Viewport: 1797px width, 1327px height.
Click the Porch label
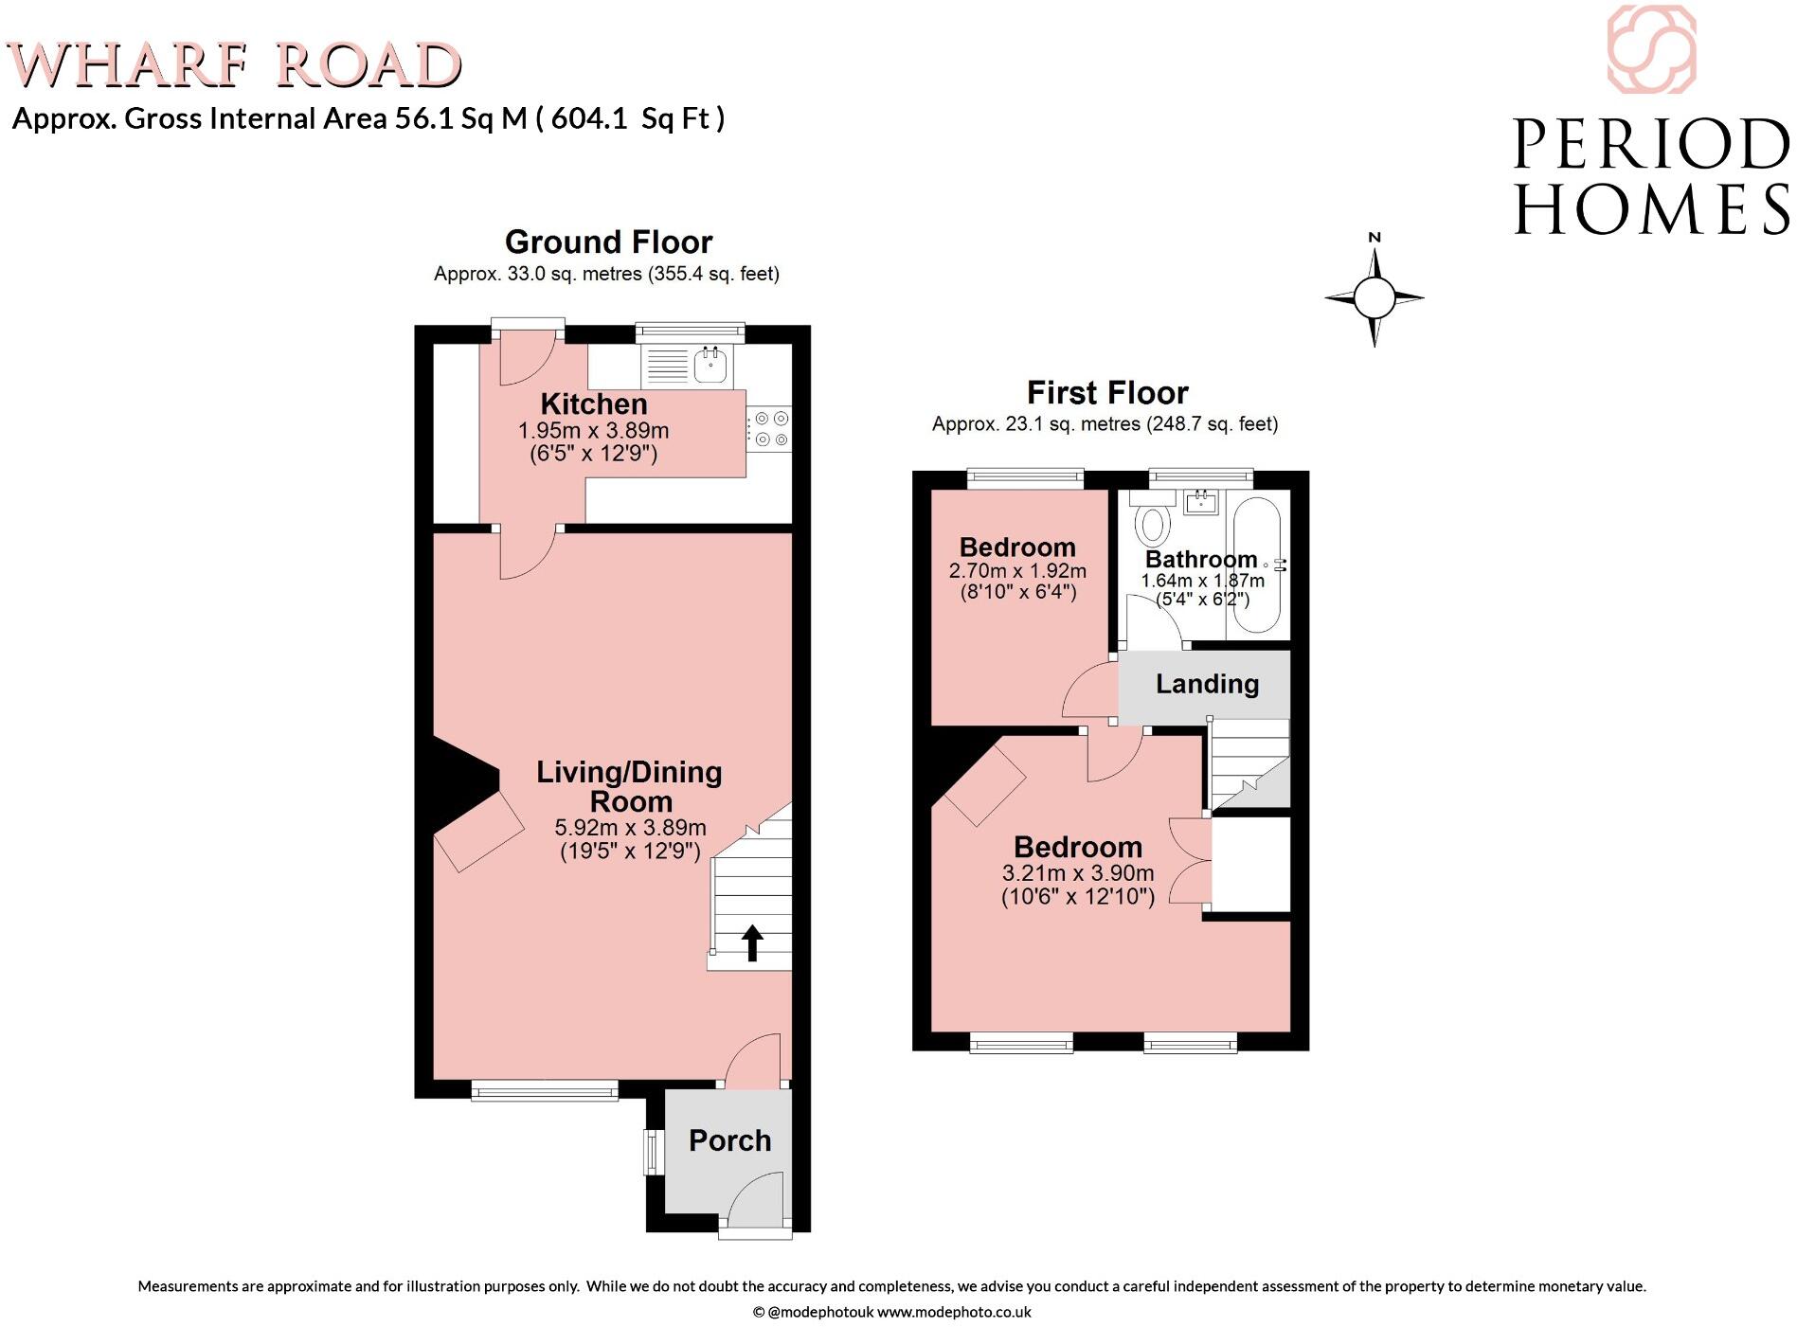point(729,1140)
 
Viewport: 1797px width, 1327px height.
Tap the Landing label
point(1207,684)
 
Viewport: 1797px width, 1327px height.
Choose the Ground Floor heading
point(608,242)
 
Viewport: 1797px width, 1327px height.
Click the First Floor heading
point(1107,392)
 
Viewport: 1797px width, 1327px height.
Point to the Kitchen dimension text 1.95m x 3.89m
point(593,430)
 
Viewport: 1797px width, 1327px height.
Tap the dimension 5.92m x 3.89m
point(630,827)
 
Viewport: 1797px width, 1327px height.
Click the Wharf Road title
point(234,65)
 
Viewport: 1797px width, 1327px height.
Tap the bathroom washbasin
point(1201,501)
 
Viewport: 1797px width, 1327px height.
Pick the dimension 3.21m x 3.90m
point(1078,873)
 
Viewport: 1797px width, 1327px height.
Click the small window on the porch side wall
point(653,1152)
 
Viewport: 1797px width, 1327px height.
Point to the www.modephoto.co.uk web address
point(954,1313)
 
